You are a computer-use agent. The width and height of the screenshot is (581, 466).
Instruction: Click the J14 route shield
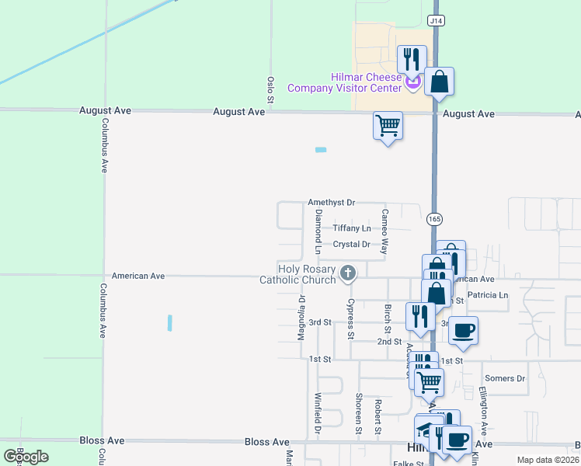point(437,21)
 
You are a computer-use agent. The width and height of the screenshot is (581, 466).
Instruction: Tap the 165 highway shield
point(434,220)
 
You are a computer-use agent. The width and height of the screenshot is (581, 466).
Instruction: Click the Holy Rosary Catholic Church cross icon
point(348,273)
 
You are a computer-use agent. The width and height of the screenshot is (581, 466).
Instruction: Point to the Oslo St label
point(271,90)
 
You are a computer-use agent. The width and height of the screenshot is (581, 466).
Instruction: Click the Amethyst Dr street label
point(331,202)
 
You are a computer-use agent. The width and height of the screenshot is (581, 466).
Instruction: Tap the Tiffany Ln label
point(352,228)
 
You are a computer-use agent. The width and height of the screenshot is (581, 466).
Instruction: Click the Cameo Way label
point(384,231)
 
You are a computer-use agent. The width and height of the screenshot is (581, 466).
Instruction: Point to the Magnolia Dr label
point(301,317)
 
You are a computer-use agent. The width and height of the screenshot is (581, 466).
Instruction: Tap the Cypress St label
point(351,319)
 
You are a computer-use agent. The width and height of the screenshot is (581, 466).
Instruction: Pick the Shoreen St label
point(359,414)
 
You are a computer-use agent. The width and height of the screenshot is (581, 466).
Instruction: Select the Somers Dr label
point(505,378)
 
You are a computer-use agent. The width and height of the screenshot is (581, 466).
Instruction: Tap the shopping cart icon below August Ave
point(388,125)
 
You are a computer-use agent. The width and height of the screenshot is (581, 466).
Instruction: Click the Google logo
point(26,457)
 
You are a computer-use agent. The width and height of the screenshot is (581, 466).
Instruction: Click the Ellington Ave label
point(482,411)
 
